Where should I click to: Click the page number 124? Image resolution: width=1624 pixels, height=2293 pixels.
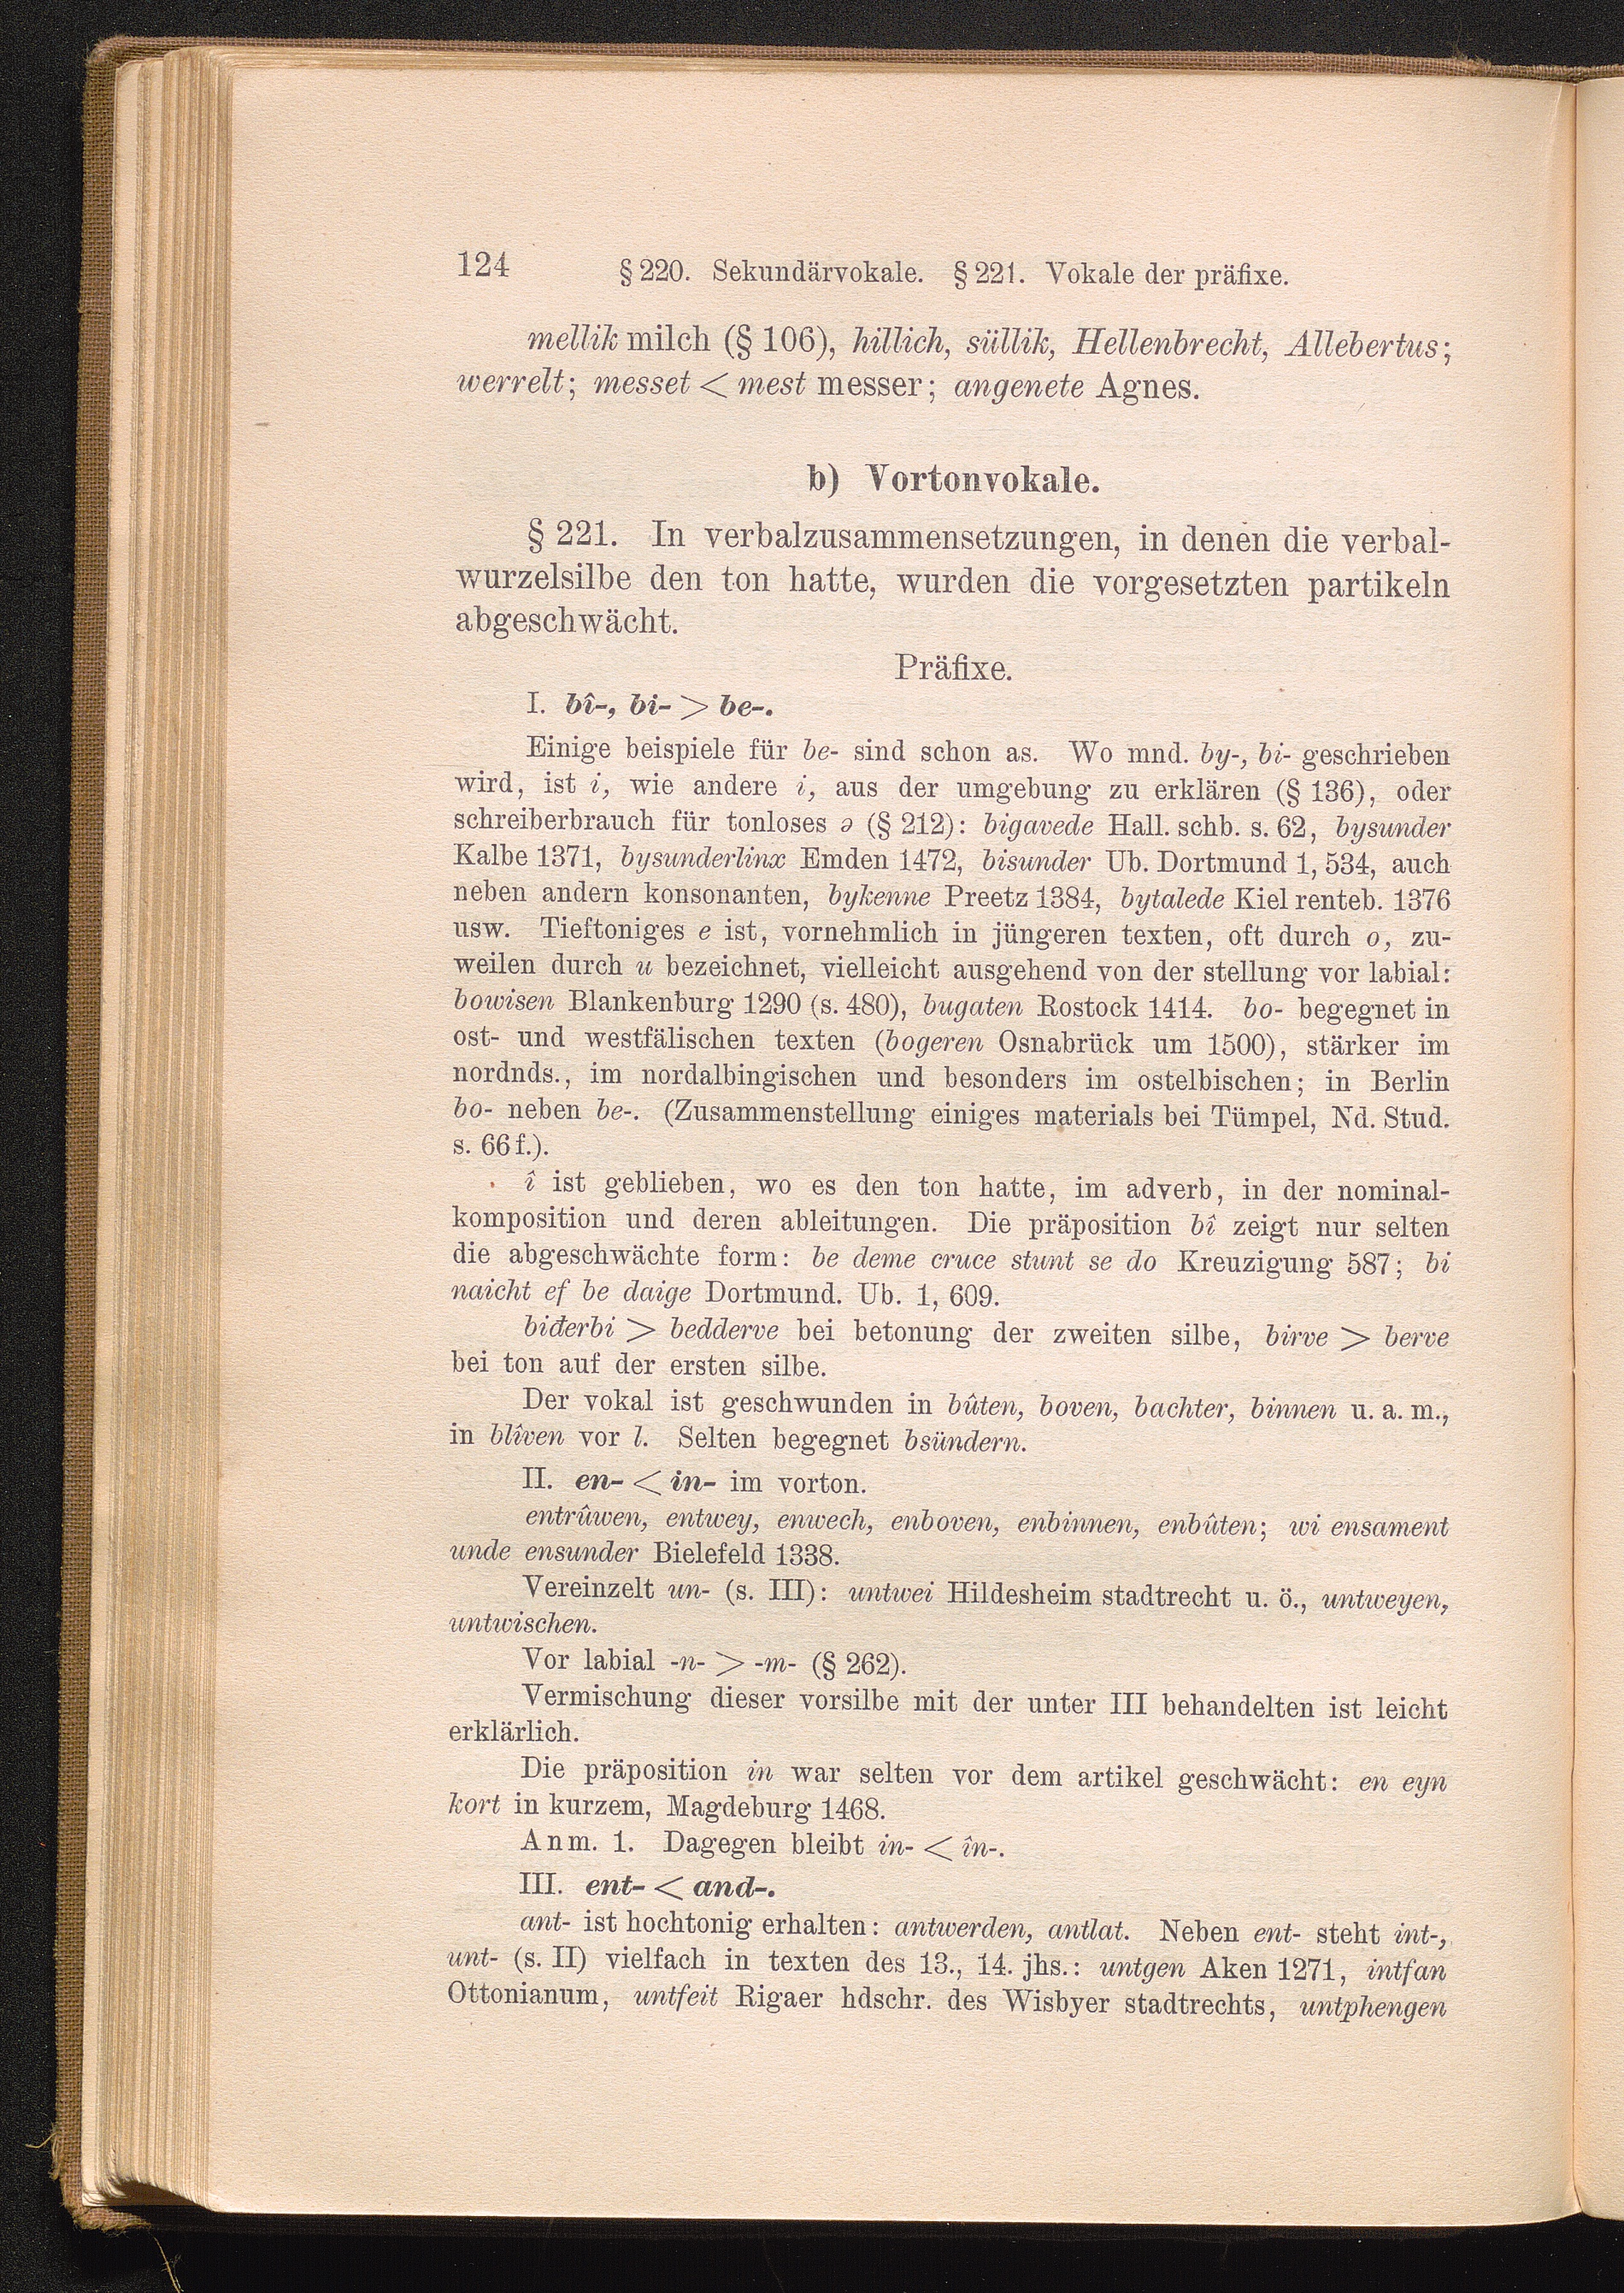[x=483, y=266]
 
